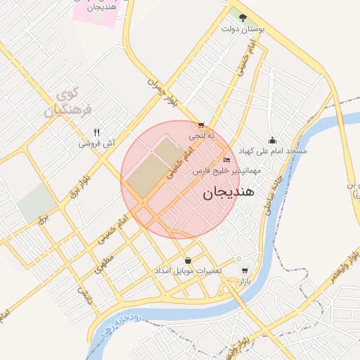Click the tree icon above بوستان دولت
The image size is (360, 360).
243,18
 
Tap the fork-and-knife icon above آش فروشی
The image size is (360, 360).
97,132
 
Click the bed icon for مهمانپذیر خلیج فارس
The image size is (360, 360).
226,160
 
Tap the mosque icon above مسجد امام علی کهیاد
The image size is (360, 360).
272,140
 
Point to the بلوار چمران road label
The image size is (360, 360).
162,91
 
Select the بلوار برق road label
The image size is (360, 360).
77,184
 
